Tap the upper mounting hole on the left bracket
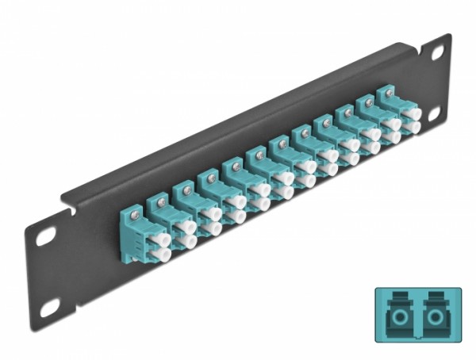[x=45, y=235]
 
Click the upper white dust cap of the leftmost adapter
[x=163, y=239]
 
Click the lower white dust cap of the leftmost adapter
[x=164, y=254]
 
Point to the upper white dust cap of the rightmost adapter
[x=411, y=114]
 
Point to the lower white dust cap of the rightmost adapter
[x=413, y=127]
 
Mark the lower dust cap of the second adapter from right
[x=392, y=137]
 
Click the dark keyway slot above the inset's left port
[x=396, y=301]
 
